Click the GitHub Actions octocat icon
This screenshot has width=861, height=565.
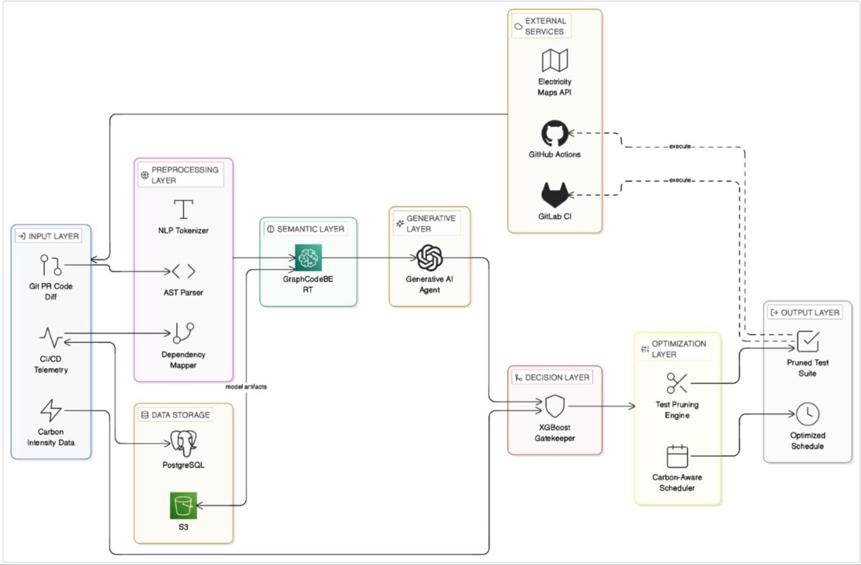pos(555,133)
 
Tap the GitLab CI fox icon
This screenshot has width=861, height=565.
pos(555,195)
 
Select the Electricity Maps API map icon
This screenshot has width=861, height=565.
pos(555,61)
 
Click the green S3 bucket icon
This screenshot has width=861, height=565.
pos(184,505)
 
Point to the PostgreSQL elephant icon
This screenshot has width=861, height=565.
pos(184,443)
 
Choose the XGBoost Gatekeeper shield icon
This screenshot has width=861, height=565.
pos(555,406)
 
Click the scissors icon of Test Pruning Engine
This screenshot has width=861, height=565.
pos(677,383)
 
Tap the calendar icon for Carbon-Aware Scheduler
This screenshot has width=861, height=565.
pos(677,456)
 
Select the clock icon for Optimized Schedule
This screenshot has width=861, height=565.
pos(808,414)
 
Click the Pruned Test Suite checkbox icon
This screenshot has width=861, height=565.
pos(808,341)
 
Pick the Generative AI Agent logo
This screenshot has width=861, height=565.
pos(429,258)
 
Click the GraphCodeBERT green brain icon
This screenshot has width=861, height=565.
pos(308,258)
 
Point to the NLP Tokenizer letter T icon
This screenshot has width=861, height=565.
pos(184,209)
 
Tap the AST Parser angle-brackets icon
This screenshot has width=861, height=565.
pos(184,271)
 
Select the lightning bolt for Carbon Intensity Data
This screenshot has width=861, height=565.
pos(50,410)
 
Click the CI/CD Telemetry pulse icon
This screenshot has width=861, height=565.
pos(50,337)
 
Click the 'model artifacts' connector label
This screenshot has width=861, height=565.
pos(246,387)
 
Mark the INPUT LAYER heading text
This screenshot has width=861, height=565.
pos(53,236)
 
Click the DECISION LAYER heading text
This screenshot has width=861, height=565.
pos(557,378)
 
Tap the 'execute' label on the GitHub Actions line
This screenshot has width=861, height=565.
pos(680,146)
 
